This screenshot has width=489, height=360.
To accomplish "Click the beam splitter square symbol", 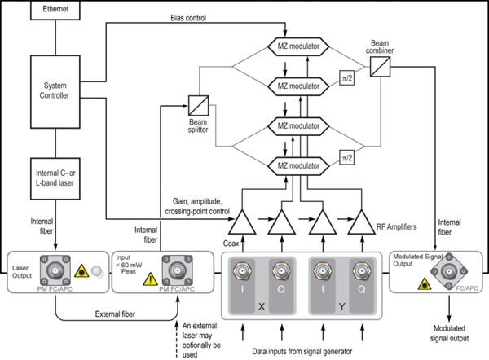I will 200,104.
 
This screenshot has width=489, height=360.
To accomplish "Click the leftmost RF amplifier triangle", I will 244,220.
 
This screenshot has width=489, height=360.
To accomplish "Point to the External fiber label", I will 104,312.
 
